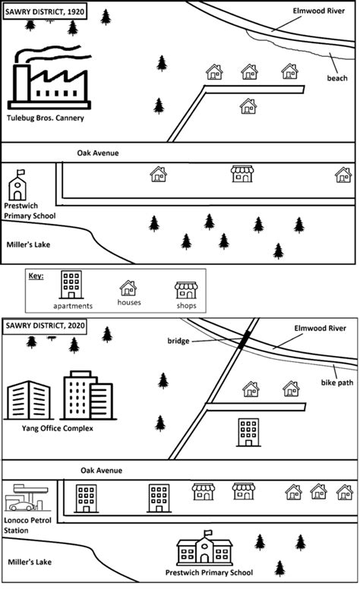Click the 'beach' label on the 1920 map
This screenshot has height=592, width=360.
(336, 77)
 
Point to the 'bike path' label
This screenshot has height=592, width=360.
(337, 383)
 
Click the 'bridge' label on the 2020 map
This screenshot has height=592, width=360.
(180, 342)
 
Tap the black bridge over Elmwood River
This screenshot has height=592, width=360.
(243, 341)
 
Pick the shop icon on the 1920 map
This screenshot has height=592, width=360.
(242, 174)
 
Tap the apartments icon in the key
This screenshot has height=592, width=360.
(72, 285)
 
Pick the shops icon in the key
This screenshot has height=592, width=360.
(185, 289)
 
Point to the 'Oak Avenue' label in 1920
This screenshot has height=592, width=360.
(98, 153)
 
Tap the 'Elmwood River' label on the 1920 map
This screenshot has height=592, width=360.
(319, 11)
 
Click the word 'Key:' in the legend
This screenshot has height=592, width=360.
(36, 276)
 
